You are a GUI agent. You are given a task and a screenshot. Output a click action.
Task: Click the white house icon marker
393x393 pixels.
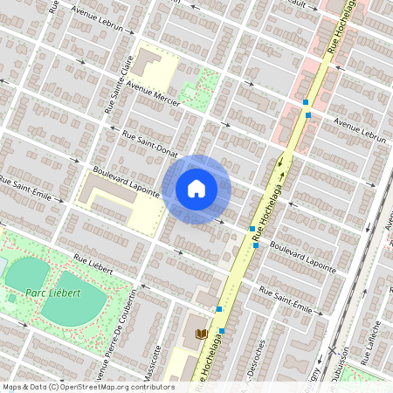(x=196, y=189)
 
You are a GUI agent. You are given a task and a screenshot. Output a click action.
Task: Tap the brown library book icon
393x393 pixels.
(x=201, y=334)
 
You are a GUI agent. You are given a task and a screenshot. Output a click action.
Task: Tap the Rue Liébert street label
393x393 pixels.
(x=93, y=265)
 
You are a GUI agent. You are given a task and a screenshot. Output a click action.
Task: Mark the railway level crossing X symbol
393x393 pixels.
(x=331, y=350)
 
